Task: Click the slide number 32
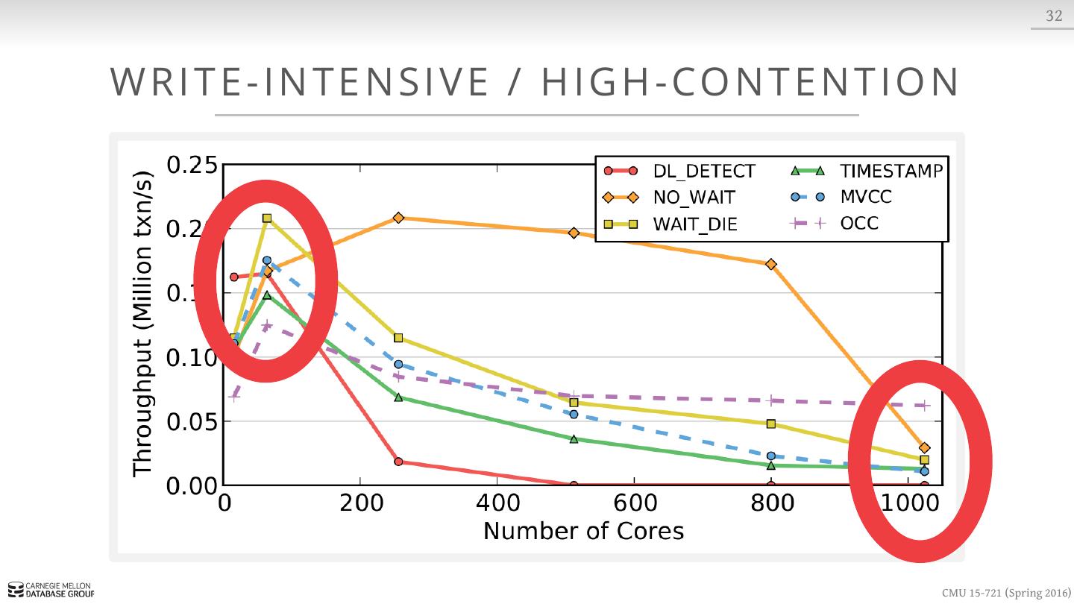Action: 1053,16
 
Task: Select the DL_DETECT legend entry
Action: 703,172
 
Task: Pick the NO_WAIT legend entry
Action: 694,198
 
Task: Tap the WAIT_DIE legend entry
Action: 695,224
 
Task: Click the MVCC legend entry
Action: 865,197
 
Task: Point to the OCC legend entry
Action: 859,223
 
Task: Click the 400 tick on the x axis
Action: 497,503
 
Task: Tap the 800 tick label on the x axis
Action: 771,503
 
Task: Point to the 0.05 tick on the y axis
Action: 192,422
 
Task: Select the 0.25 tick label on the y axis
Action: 192,166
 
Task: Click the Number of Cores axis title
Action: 583,531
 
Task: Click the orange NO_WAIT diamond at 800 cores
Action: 771,264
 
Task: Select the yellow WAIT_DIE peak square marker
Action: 267,218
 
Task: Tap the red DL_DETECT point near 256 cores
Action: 398,462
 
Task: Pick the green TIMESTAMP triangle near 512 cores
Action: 574,439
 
